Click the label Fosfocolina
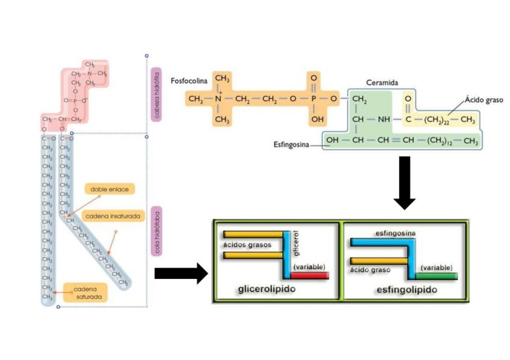tap(188, 80)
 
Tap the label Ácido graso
tap(484, 100)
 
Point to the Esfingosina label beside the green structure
tap(290, 144)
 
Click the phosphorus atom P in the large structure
tap(313, 98)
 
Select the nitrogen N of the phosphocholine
tap(220, 98)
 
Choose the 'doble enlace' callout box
tap(109, 189)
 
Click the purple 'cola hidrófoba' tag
tap(157, 232)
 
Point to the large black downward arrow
tap(404, 182)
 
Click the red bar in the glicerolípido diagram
tap(310, 275)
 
